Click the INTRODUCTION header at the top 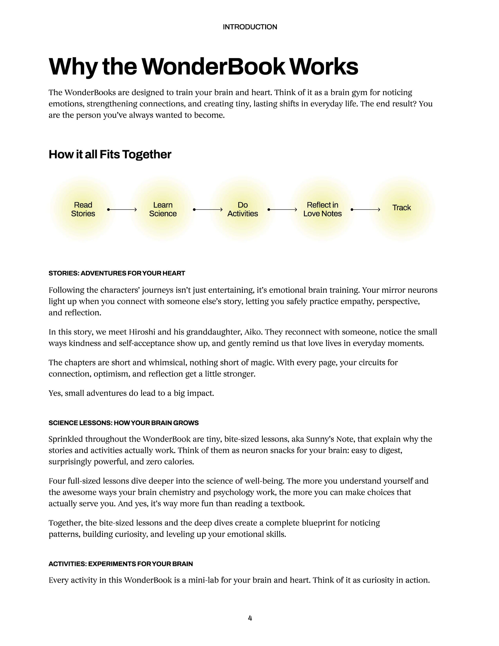[x=250, y=27]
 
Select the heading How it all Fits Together [x=110, y=154]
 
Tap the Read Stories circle [x=83, y=209]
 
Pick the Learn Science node [x=163, y=209]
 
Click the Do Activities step [x=242, y=209]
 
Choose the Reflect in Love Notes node [x=322, y=209]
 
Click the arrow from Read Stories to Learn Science [x=122, y=209]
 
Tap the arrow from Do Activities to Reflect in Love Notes [x=283, y=209]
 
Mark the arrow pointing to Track [x=366, y=209]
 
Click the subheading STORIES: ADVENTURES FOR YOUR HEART [x=117, y=273]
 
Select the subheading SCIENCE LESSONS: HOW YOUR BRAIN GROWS [x=124, y=423]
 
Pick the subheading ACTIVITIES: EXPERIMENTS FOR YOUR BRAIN [x=121, y=564]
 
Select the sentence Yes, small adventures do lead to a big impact [x=131, y=393]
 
